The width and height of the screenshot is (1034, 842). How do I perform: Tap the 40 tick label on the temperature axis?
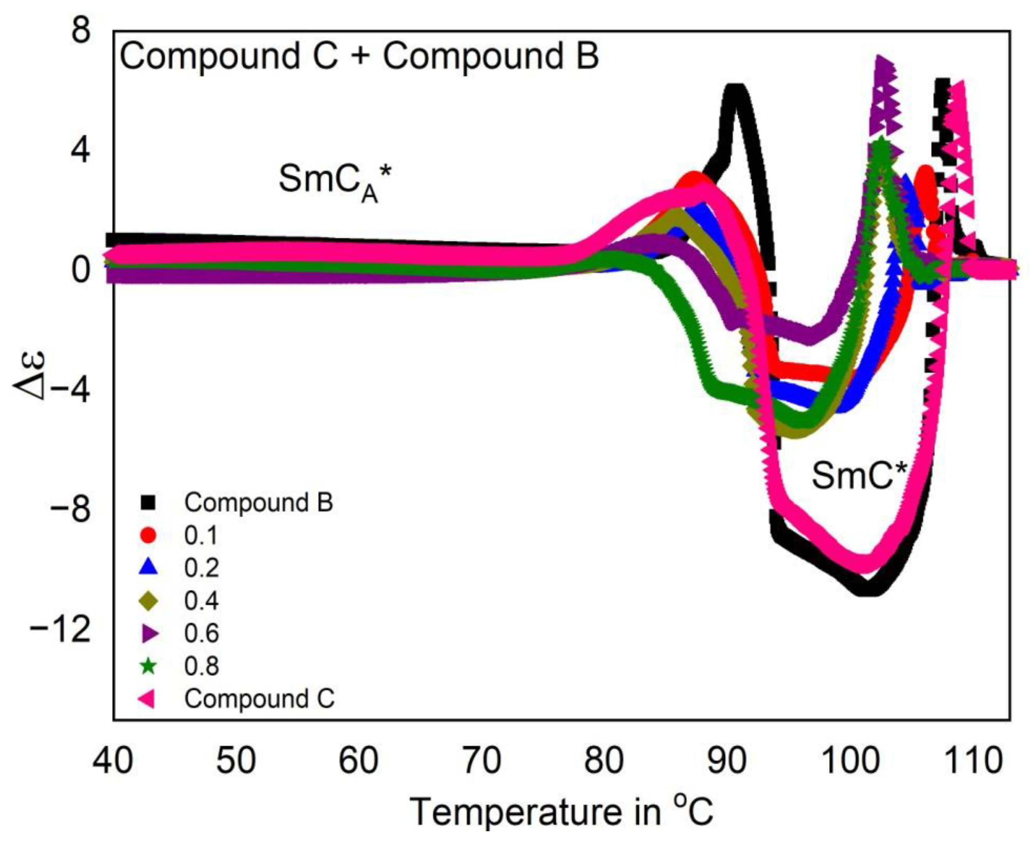(113, 760)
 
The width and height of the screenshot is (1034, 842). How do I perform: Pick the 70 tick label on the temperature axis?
(480, 760)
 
